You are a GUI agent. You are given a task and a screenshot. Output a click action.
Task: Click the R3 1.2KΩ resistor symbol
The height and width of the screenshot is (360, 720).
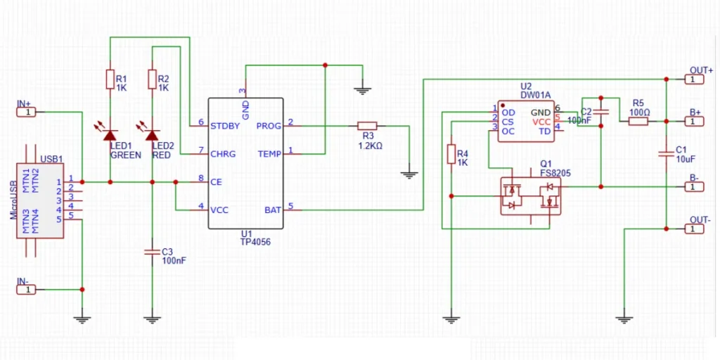[368, 126]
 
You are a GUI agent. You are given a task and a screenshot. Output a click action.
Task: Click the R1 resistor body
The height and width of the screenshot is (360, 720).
[110, 79]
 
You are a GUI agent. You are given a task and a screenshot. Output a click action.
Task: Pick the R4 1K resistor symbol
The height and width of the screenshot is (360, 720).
[450, 154]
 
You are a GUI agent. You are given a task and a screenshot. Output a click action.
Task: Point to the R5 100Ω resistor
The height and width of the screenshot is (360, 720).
[638, 121]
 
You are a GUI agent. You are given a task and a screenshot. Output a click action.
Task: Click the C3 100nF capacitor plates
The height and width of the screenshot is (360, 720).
[152, 251]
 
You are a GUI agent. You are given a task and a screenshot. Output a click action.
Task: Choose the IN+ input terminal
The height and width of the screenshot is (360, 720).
[25, 112]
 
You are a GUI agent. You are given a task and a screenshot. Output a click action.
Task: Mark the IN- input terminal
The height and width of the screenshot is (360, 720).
[25, 289]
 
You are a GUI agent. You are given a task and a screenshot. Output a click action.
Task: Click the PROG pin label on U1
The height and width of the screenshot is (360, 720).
[269, 126]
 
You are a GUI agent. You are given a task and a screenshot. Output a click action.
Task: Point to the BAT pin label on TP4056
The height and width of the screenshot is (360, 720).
[273, 210]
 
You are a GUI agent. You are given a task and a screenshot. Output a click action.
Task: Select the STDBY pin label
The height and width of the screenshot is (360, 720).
[225, 126]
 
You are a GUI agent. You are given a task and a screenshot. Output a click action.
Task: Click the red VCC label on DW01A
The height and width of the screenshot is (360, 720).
[542, 122]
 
